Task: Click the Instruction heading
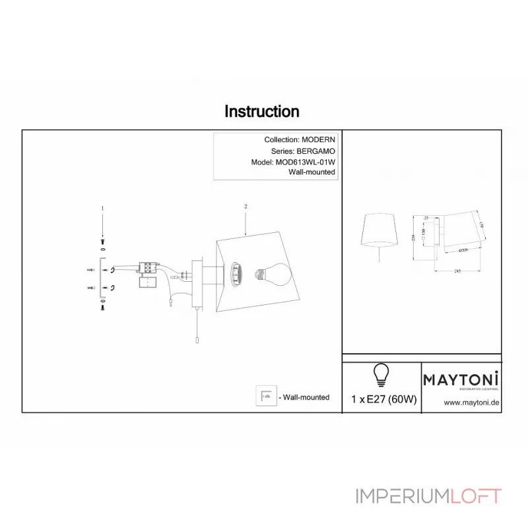point(262,112)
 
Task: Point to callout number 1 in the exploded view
point(102,208)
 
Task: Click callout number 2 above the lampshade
point(246,207)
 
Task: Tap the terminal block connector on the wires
point(148,267)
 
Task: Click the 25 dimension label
point(426,218)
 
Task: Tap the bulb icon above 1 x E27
point(380,374)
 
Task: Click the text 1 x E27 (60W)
point(384,399)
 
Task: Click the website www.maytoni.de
point(471,401)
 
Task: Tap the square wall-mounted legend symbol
point(266,397)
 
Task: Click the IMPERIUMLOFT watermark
point(428,496)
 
